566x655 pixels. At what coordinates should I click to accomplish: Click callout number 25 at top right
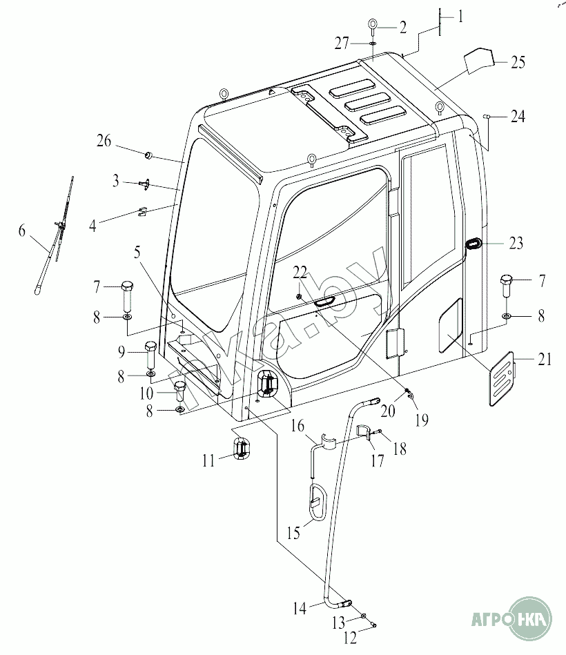tap(518, 63)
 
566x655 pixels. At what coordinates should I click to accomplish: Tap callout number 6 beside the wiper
tap(23, 232)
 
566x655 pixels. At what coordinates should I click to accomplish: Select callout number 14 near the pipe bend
tap(299, 609)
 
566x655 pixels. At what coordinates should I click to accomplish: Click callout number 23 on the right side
tap(516, 243)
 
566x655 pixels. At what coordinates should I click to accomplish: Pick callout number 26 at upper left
tap(104, 141)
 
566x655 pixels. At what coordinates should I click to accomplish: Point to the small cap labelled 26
tap(148, 153)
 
